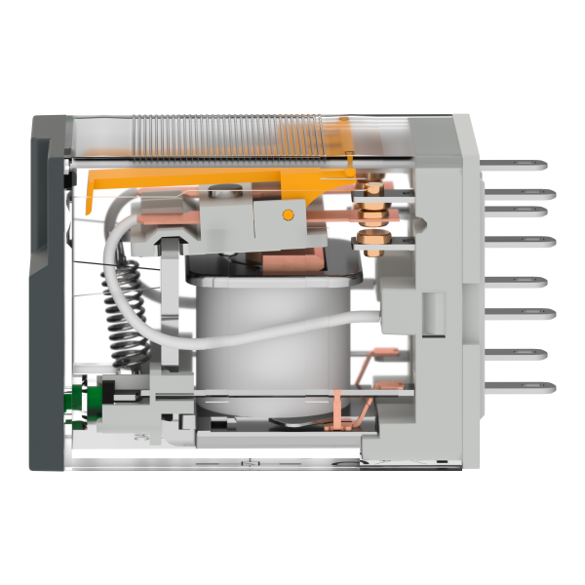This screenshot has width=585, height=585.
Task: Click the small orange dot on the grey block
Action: pos(287,214)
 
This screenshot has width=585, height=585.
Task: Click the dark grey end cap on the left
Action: pos(46,292)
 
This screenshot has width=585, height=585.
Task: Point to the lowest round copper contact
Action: pos(371,239)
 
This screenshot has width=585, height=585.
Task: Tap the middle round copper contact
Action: pos(371,207)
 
